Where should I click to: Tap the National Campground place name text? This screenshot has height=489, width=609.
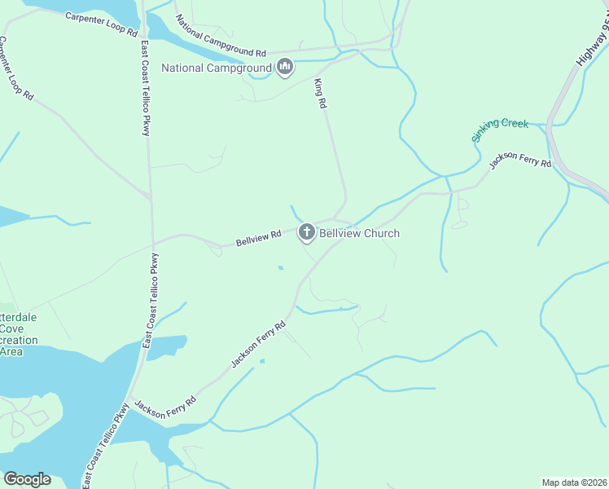click(216, 68)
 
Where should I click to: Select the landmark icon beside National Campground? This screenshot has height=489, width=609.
click(284, 67)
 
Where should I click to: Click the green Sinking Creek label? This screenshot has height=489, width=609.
click(501, 130)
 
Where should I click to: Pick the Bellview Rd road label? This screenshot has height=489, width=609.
click(259, 237)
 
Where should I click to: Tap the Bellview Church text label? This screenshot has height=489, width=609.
click(359, 233)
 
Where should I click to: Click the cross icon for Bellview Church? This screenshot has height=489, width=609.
click(307, 233)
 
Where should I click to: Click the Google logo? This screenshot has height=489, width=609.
click(27, 479)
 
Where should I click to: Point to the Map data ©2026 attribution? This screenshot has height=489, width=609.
click(573, 482)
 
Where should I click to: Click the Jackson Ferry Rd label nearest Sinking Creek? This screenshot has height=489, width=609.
click(519, 161)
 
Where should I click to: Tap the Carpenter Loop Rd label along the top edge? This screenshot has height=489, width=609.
click(101, 20)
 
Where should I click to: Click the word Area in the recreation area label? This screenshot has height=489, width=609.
click(11, 351)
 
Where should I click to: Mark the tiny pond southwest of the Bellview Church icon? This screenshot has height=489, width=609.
click(280, 267)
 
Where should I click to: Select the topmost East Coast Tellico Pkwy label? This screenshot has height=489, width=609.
click(145, 88)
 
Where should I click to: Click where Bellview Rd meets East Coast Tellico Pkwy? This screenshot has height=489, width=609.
click(151, 243)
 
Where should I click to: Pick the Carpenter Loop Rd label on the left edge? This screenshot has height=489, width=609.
click(16, 68)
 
